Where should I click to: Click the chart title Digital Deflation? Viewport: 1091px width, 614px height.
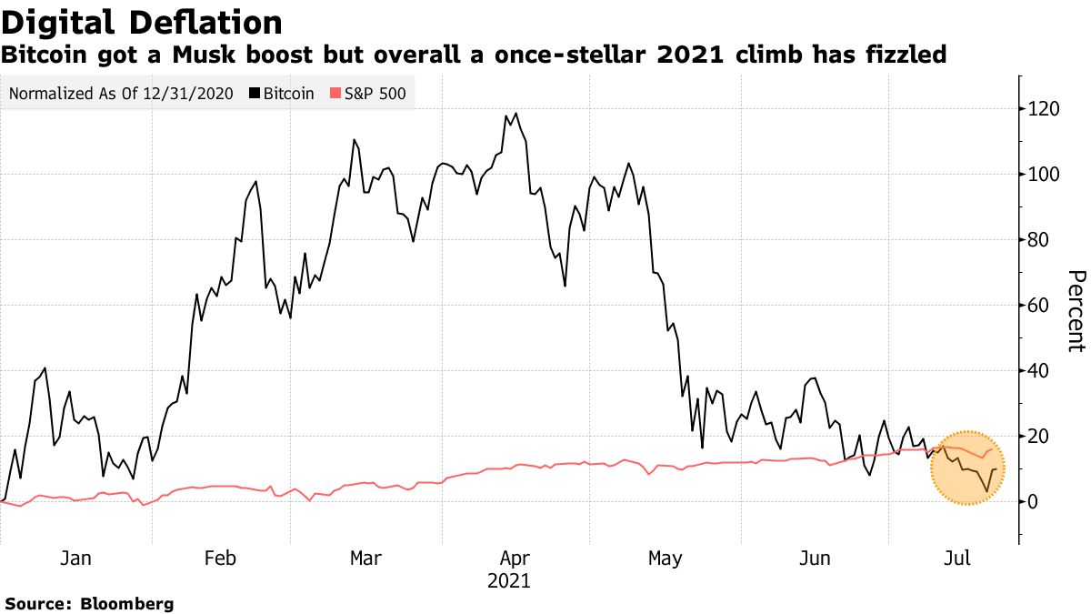(141, 22)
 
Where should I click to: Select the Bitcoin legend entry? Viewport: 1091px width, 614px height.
(287, 93)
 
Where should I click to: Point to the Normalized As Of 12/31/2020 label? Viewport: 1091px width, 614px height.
(120, 93)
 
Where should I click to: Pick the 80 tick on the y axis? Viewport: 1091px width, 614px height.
(1038, 240)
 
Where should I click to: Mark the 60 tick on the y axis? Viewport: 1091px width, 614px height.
(1038, 306)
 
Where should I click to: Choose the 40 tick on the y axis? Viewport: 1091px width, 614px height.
(1038, 371)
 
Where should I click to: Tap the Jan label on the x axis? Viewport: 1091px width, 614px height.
(75, 558)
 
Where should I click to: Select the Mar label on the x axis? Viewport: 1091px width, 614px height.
(365, 558)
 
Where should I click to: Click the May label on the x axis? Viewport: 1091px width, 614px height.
(666, 558)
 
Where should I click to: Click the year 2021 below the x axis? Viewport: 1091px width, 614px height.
(509, 580)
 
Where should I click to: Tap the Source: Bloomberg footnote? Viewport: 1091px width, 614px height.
(89, 603)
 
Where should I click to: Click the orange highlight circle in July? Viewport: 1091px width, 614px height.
(967, 468)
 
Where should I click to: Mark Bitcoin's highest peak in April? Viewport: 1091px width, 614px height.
(516, 114)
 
